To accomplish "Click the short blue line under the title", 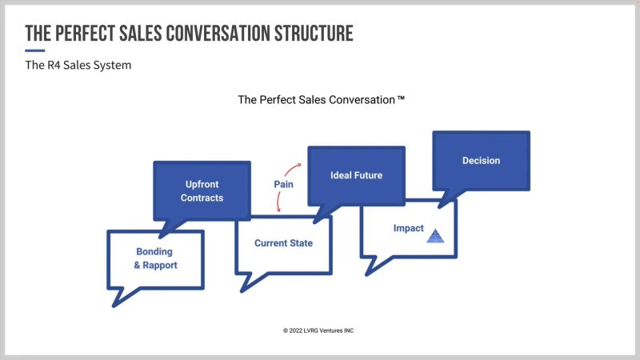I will tap(34, 50).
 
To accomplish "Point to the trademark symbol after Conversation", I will tap(402, 99).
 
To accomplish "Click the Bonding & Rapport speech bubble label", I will tap(156, 258).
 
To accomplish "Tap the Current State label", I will tap(283, 243).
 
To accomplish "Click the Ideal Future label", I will tap(356, 174).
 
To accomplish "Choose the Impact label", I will tap(408, 229).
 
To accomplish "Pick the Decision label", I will tap(481, 161).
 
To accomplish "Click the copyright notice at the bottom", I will tap(320, 330).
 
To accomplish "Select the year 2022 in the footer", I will tap(299, 330).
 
